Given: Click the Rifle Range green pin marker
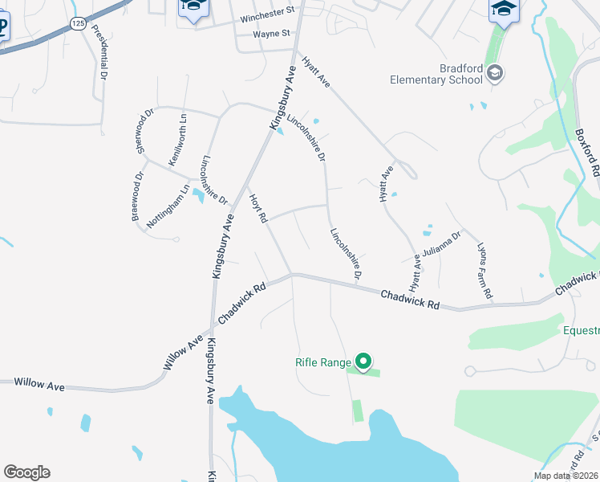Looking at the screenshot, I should (x=363, y=362).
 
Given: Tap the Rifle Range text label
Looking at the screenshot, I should (x=323, y=363).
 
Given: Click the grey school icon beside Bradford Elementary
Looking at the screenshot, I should (x=495, y=74).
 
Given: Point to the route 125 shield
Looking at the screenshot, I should (x=78, y=25).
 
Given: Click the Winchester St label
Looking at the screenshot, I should (x=264, y=20).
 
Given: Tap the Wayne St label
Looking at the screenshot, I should (x=271, y=35).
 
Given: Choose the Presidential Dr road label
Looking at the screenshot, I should (x=99, y=51).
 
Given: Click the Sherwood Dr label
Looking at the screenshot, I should (x=144, y=131).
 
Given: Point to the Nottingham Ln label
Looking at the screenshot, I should (x=168, y=207).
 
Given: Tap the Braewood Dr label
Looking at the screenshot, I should (x=138, y=196).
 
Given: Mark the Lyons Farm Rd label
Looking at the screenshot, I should (x=484, y=272).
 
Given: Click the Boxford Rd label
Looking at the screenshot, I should (x=588, y=153).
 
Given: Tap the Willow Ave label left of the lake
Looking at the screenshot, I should (x=39, y=386).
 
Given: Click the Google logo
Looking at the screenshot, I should (x=26, y=472).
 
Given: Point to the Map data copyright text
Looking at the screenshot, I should (x=566, y=476).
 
